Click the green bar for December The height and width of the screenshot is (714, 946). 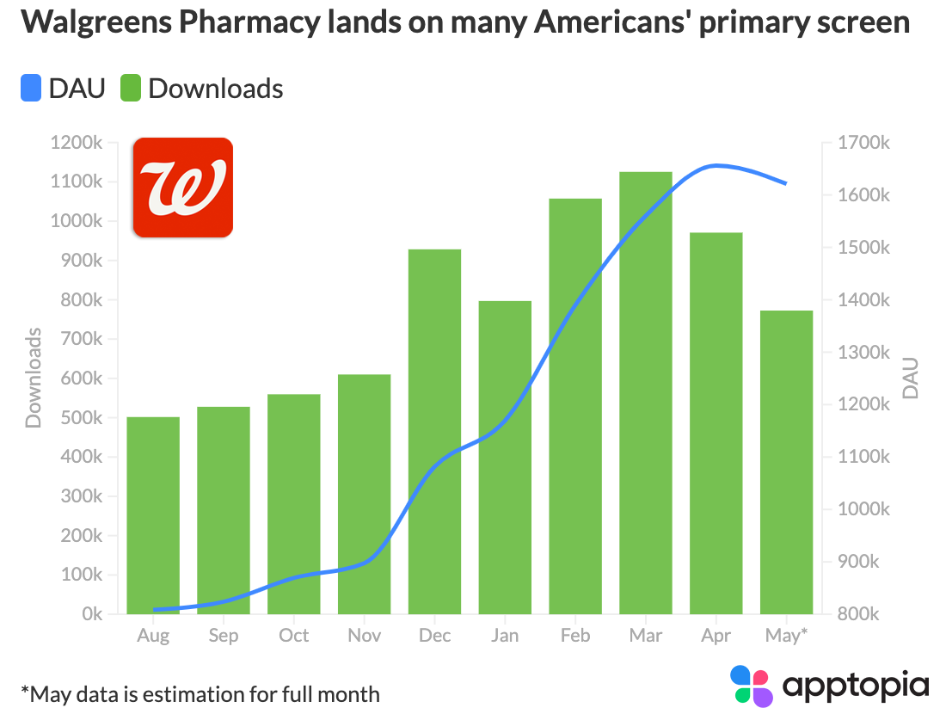[434, 431]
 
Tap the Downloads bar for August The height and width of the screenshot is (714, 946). [153, 515]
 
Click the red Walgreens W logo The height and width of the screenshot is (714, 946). [183, 187]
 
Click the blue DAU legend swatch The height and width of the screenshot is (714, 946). [31, 88]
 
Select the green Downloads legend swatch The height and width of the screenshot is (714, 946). [131, 88]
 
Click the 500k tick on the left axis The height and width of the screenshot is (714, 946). [82, 418]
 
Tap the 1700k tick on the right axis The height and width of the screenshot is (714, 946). [864, 143]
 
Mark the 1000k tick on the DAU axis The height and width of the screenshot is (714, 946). [864, 509]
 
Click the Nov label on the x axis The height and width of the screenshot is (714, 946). [364, 636]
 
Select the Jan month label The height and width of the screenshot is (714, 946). [505, 636]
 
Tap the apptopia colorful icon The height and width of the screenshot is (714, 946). [752, 686]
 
